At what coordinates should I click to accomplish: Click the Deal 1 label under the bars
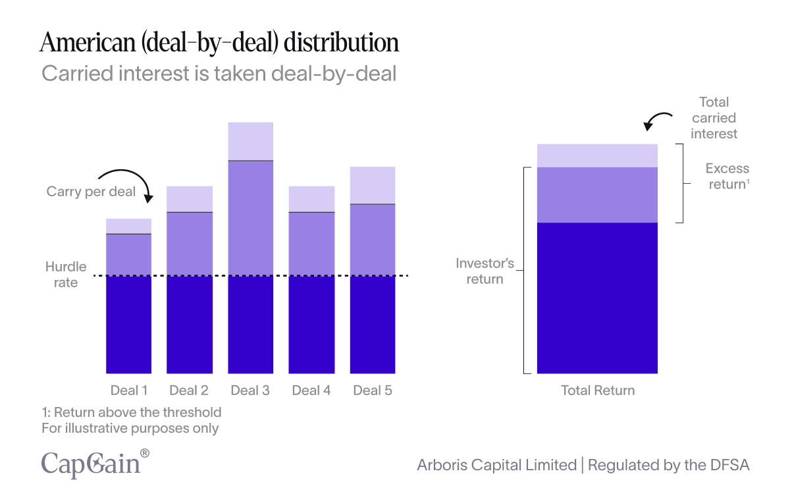[x=129, y=391]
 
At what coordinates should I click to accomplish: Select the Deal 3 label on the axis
[x=250, y=391]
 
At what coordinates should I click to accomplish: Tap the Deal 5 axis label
[x=373, y=391]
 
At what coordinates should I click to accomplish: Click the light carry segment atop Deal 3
[x=250, y=141]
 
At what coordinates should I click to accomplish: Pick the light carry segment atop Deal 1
[x=129, y=226]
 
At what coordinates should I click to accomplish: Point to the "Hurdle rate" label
[x=66, y=275]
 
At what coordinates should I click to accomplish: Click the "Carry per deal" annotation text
[x=91, y=192]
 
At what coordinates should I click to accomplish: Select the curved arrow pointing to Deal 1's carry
[x=128, y=181]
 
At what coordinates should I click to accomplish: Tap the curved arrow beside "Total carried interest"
[x=656, y=121]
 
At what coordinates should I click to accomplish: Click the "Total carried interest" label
[x=714, y=118]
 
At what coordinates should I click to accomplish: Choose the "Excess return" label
[x=727, y=177]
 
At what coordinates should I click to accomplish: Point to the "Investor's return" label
[x=485, y=271]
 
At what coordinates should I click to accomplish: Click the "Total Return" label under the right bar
[x=598, y=391]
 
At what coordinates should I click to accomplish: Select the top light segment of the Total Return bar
[x=597, y=155]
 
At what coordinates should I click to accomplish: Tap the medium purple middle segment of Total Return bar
[x=597, y=195]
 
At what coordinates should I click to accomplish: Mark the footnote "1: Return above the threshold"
[x=132, y=412]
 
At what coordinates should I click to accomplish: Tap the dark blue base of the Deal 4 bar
[x=311, y=324]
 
